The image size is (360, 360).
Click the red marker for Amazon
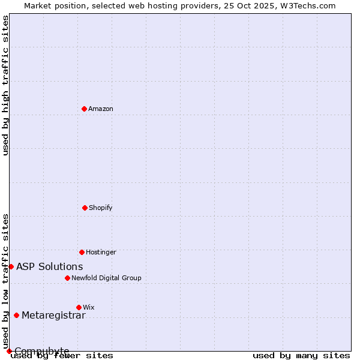[x=84, y=109]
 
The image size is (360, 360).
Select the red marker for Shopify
[x=85, y=208]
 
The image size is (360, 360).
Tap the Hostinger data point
[x=82, y=252]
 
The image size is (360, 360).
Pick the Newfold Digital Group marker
[x=67, y=278]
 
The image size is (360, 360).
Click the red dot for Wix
[x=79, y=307]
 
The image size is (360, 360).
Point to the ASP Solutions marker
[x=11, y=266]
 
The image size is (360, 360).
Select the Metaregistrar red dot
[x=16, y=316]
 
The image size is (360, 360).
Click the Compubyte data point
[x=9, y=351]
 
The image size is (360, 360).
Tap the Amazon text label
[x=101, y=109]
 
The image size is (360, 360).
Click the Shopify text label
[x=101, y=208]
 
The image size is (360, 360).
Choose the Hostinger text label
[x=101, y=253]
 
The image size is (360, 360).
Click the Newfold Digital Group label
[x=106, y=278]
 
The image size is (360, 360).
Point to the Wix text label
[x=89, y=308]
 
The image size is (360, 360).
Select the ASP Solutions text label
[x=50, y=267]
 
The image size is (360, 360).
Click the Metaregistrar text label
[x=53, y=316]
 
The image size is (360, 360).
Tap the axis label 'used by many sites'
[x=301, y=355]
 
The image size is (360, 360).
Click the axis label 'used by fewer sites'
[x=62, y=355]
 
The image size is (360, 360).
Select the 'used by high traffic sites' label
[x=6, y=85]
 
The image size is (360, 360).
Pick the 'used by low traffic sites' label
[x=6, y=281]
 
